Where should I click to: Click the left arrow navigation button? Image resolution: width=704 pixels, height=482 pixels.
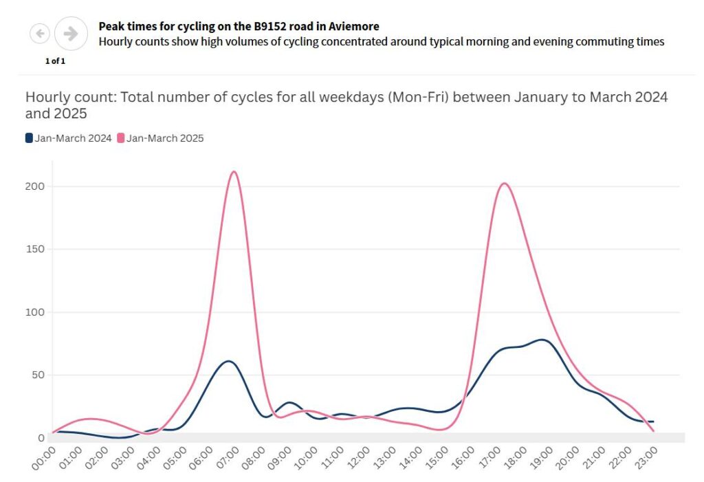(x=40, y=32)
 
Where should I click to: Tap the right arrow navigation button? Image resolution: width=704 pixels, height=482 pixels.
(x=71, y=33)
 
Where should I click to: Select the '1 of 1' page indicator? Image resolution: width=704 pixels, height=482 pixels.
(x=55, y=61)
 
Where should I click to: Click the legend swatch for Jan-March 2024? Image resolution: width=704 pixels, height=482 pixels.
(x=29, y=138)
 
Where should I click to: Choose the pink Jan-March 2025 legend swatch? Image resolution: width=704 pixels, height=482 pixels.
(x=121, y=138)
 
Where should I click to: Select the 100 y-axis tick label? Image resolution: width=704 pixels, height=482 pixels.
(x=34, y=312)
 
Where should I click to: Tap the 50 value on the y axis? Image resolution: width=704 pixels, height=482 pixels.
(x=37, y=375)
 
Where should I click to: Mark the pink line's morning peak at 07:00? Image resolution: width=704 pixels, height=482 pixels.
(x=234, y=171)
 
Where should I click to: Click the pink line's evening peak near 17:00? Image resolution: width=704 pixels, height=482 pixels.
(x=504, y=183)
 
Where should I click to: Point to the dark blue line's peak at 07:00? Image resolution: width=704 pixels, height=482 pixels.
(x=230, y=361)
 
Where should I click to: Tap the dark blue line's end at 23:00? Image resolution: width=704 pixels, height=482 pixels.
(x=652, y=421)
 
